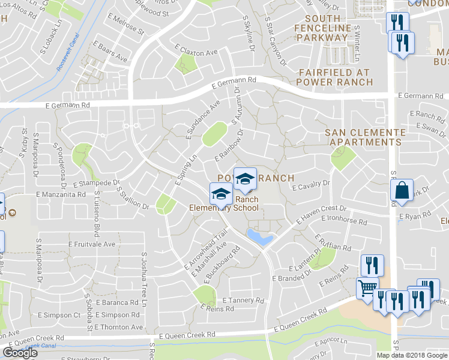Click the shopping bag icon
click(x=402, y=191)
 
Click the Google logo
click(x=20, y=352)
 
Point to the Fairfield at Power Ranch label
click(x=334, y=77)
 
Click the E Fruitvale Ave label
click(x=92, y=244)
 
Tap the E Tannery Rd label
click(x=243, y=300)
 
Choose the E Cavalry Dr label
click(x=312, y=185)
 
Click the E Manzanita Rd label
click(x=61, y=194)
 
